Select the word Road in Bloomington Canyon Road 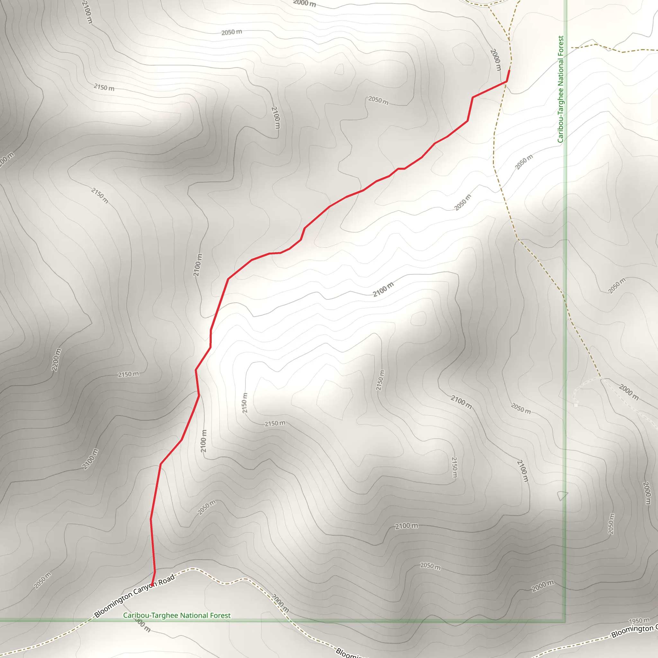point(166,579)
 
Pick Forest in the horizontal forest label point(220,615)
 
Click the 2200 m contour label point(57,360)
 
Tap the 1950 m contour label point(639,621)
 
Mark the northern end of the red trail point(509,70)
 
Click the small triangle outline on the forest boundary point(562,495)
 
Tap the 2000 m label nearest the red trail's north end point(496,60)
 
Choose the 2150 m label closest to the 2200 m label point(129,374)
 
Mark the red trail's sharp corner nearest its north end point(506,81)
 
